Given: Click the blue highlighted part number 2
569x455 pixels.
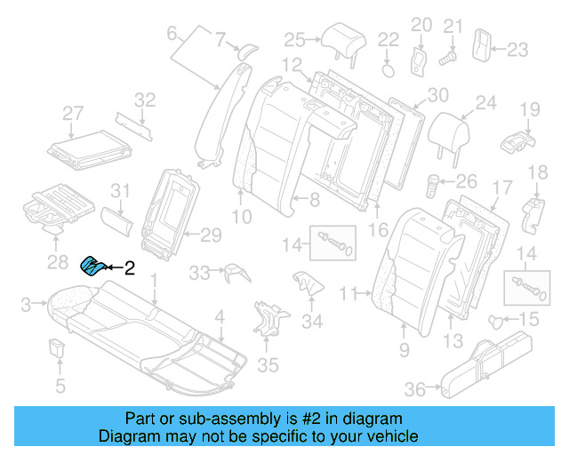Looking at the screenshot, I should [92, 265].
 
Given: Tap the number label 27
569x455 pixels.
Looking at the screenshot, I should [72, 113].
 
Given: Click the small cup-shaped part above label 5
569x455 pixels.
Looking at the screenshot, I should [59, 347].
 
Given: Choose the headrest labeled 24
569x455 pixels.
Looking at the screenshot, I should [450, 133].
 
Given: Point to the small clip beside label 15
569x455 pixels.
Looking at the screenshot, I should [498, 319].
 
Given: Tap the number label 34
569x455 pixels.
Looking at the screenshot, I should [312, 321].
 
